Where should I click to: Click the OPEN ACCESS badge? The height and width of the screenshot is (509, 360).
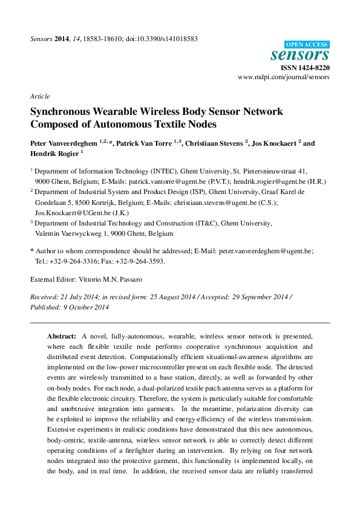[x=307, y=44]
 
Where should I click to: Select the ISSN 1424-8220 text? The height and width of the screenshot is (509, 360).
[x=307, y=68]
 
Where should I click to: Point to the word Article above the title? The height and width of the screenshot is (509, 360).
[x=40, y=96]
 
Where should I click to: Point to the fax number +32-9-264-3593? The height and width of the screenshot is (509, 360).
[x=141, y=261]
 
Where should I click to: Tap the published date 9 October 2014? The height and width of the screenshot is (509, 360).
[x=85, y=307]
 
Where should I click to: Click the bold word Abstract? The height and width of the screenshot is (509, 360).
[x=61, y=336]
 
